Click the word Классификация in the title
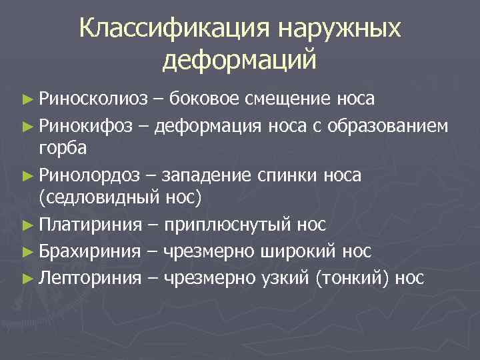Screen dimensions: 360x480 tap(173, 29)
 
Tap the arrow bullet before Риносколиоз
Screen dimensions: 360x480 tap(27, 101)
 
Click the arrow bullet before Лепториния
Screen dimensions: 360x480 tap(27, 277)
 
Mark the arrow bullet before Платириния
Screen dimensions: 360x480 tap(27, 227)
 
